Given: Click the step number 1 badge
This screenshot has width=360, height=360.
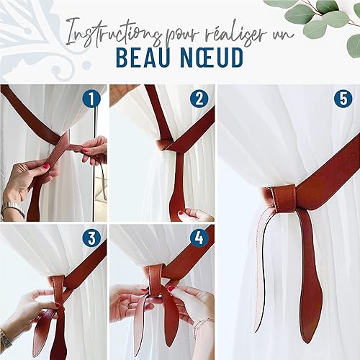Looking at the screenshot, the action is pyautogui.click(x=91, y=99).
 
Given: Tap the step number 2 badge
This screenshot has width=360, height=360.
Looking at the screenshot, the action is pyautogui.click(x=199, y=99).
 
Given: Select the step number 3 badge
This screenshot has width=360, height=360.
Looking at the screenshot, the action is pyautogui.click(x=91, y=238).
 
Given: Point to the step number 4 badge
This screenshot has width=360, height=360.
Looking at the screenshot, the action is pyautogui.click(x=199, y=238).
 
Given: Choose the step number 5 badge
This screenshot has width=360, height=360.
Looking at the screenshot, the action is pyautogui.click(x=343, y=99).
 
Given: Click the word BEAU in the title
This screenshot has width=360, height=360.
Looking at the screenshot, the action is pyautogui.click(x=142, y=58).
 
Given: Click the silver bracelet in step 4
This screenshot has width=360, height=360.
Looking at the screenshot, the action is pyautogui.click(x=202, y=325).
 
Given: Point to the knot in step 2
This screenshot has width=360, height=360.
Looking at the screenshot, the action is pyautogui.click(x=166, y=145).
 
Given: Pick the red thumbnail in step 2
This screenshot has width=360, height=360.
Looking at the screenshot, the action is pyautogui.click(x=181, y=212).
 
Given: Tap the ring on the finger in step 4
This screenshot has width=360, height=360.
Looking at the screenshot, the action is pyautogui.click(x=130, y=306).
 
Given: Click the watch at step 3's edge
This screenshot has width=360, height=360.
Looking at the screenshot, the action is pyautogui.click(x=5, y=339).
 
